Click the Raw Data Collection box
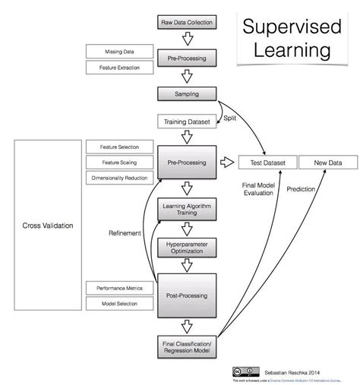187,23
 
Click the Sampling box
187,93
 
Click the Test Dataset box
265,162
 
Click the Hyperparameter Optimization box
187,248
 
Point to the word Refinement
124,233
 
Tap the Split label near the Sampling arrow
229,118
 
